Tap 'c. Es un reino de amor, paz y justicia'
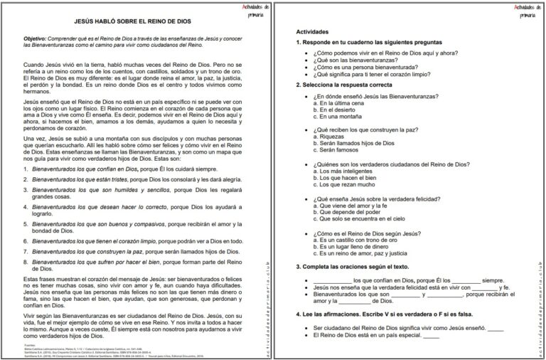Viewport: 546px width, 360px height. point(363,254)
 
